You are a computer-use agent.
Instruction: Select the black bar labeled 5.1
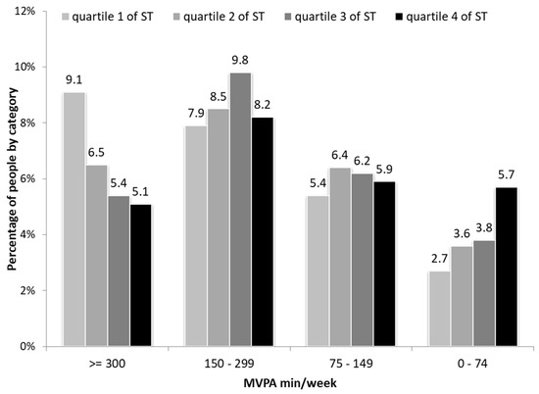coord(141,275)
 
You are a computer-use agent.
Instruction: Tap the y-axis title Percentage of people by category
coord(10,179)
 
